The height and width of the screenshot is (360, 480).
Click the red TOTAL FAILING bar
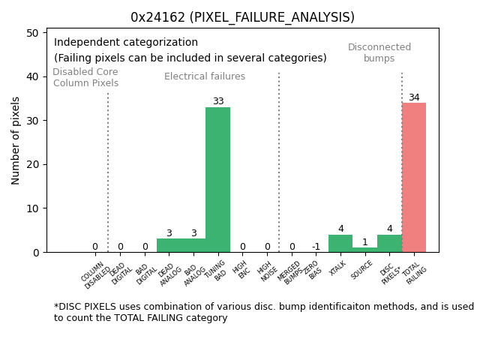click(x=413, y=178)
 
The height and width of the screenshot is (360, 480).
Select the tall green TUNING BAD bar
click(x=217, y=180)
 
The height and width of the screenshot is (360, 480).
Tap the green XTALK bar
click(x=340, y=244)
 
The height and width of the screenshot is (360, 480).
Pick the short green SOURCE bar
click(x=364, y=250)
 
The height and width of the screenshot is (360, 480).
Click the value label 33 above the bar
click(x=217, y=102)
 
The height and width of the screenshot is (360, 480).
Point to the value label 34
click(x=414, y=97)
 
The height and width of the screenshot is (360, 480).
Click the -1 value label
click(x=316, y=247)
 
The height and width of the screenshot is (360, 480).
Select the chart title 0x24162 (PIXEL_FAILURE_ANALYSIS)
click(x=242, y=17)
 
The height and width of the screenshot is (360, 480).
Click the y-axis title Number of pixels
click(x=16, y=140)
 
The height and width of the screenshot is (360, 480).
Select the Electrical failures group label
click(x=205, y=76)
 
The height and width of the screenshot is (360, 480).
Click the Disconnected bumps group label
click(x=379, y=53)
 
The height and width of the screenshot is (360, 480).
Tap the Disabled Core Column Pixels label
click(x=85, y=78)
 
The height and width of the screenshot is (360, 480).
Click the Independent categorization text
click(x=126, y=43)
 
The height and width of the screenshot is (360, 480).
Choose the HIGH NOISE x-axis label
click(x=265, y=272)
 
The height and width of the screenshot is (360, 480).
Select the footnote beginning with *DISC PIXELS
click(x=263, y=312)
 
